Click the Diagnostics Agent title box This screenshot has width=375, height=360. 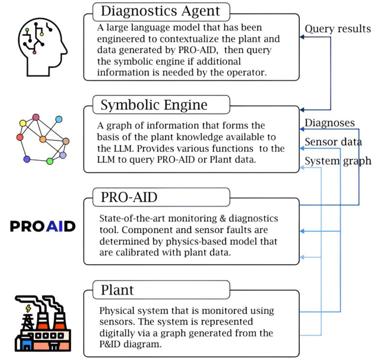pos(161,12)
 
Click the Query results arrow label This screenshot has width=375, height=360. pos(338,29)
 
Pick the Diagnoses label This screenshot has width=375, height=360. pos(330,123)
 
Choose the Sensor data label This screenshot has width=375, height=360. pos(333,142)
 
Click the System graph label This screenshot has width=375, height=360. pos(338,161)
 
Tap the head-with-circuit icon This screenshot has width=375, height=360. pos(42,47)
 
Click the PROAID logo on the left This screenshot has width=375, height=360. pos(42,226)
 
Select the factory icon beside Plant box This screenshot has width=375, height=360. pos(43,323)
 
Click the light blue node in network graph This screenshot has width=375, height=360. pos(59,119)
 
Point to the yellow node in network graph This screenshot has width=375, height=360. pos(23,123)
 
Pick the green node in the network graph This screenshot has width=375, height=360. pos(49,161)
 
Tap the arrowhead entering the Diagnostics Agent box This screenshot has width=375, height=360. pos(302,37)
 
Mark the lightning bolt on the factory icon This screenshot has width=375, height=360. pos(28,308)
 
